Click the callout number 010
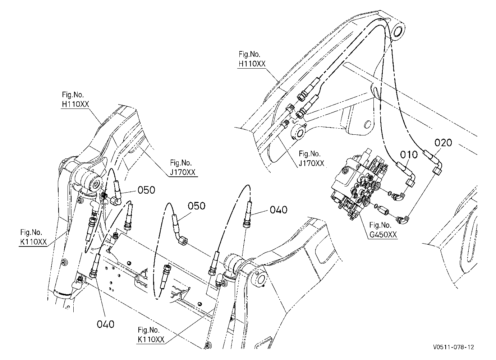tap(409, 155)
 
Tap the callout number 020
tap(443, 143)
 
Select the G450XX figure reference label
tap(383, 235)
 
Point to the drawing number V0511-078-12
tap(454, 347)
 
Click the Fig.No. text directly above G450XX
tap(380, 225)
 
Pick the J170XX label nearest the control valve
tap(311, 163)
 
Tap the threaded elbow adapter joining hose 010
tap(399, 196)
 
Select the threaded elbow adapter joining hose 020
tap(403, 220)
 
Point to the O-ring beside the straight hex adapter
tap(376, 206)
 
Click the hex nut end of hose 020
tap(437, 171)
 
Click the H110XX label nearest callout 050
tap(75, 104)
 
